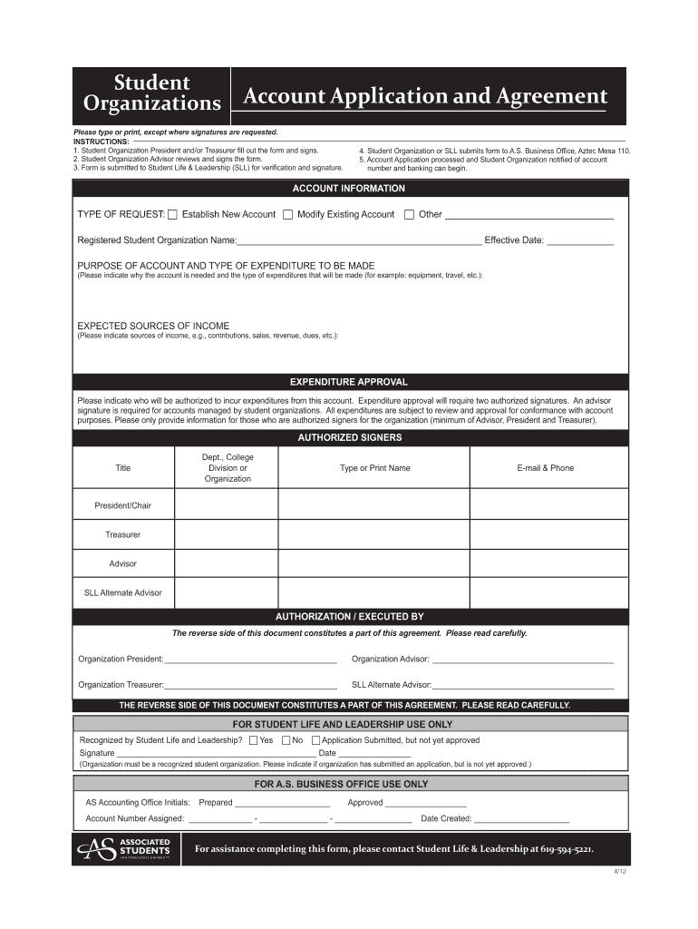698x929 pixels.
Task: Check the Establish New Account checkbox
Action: coord(173,215)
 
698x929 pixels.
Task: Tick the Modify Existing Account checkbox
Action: coord(287,215)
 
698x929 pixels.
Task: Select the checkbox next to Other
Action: coord(409,215)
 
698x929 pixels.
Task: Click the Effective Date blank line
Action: coord(580,242)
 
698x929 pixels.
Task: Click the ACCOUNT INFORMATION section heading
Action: coord(348,189)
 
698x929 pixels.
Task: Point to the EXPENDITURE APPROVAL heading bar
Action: coord(348,382)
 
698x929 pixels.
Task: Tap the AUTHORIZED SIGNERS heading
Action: coord(349,437)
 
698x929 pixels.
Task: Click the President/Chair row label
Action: coord(122,504)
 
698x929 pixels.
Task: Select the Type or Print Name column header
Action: coord(374,468)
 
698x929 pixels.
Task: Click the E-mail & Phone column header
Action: coord(545,468)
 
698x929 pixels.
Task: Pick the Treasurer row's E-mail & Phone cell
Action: coord(548,534)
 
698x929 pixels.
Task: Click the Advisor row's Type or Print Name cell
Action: coord(373,563)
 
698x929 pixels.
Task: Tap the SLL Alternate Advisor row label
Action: coord(122,592)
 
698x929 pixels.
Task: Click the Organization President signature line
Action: coord(250,660)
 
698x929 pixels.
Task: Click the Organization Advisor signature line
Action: coord(522,660)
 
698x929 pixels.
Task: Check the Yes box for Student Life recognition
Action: coord(253,740)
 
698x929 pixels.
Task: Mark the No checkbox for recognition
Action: coord(286,740)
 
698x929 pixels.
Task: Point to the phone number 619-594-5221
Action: coord(567,849)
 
